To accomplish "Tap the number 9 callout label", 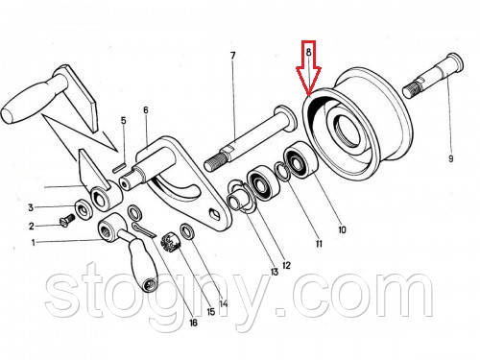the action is click(450, 158).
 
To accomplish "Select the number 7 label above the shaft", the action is click(232, 56).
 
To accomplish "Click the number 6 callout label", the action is click(146, 110).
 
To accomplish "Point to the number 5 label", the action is click(123, 121).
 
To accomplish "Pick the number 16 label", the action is click(193, 323).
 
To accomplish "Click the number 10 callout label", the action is click(342, 229).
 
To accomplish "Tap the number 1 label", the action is click(34, 243).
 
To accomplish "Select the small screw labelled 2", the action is click(67, 221).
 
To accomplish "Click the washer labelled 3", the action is click(84, 209).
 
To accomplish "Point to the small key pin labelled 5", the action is click(119, 169).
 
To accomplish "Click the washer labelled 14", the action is click(188, 231).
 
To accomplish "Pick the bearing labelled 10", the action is click(300, 159).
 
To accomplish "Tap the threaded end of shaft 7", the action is click(215, 161).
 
